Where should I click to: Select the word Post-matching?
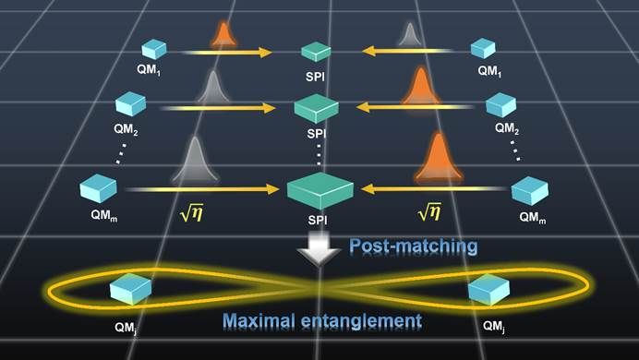tap(414, 246)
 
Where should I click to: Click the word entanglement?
tap(361, 321)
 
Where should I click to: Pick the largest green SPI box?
tap(319, 190)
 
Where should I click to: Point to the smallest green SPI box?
tap(316, 52)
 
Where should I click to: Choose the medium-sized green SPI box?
tap(317, 108)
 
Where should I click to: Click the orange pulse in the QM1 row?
tap(223, 34)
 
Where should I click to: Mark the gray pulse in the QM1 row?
tap(409, 34)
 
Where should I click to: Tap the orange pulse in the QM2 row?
tap(420, 87)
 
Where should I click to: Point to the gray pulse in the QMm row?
tap(195, 160)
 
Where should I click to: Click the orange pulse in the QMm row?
tap(439, 157)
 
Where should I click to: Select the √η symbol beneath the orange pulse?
tap(429, 211)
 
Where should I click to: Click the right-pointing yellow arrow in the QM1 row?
tap(227, 52)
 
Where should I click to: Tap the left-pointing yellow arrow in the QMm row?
tap(433, 189)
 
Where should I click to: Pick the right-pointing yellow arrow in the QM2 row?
tap(219, 108)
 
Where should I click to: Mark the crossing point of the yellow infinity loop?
tap(319, 288)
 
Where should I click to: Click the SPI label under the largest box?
tap(318, 220)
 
